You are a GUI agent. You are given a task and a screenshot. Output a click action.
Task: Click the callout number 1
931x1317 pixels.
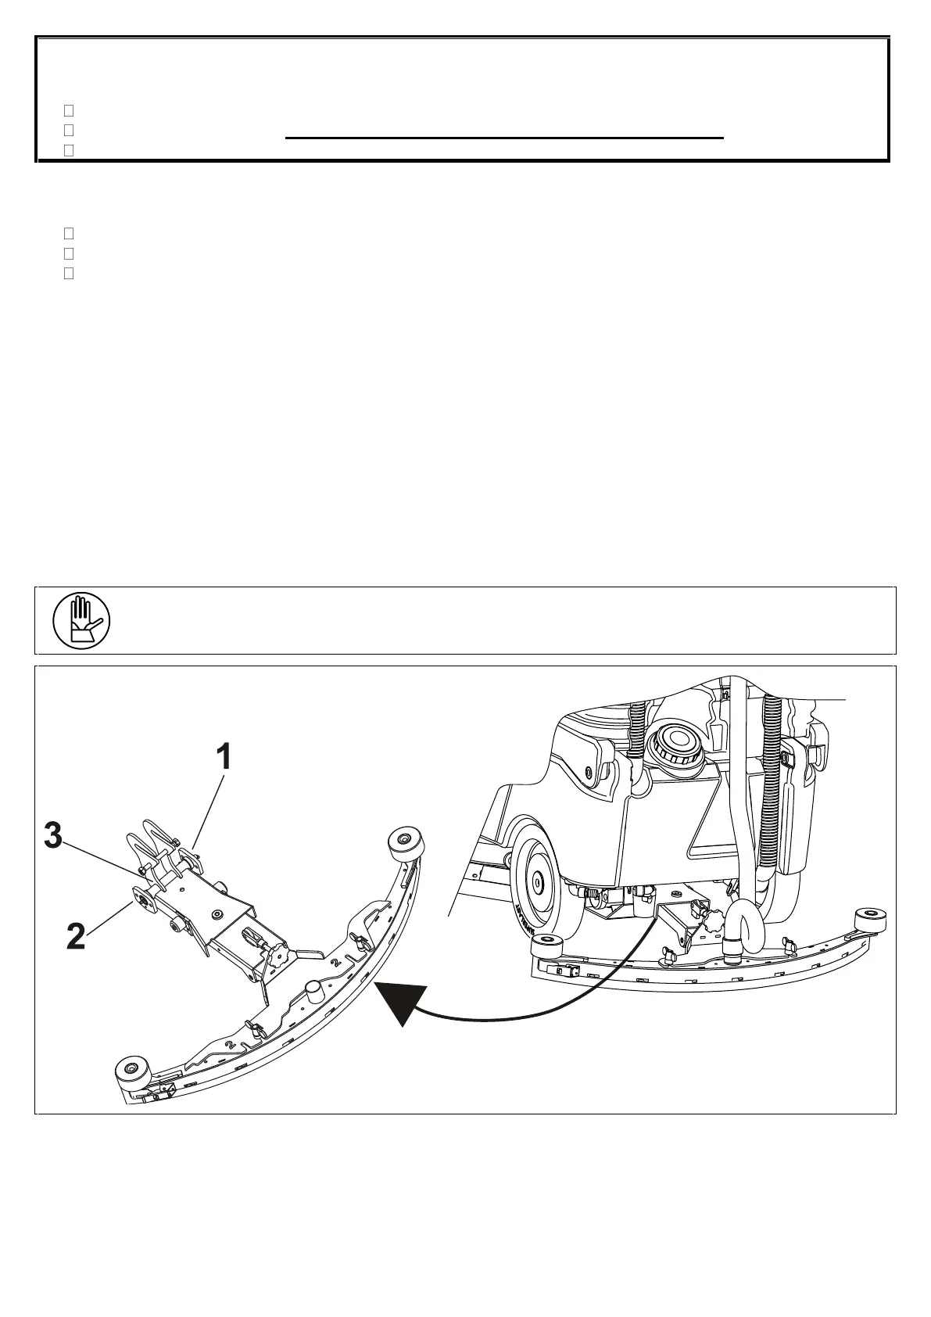click(224, 757)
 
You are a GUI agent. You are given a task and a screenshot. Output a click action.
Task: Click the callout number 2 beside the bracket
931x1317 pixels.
click(76, 936)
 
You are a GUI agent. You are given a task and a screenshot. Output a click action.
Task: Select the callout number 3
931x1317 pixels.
click(53, 836)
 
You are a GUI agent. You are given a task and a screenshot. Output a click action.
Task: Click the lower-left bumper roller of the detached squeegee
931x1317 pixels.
click(130, 1069)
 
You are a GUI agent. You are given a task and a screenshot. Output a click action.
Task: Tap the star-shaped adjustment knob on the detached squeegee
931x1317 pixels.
click(278, 954)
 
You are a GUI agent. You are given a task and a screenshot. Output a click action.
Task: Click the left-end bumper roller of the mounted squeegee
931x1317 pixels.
click(544, 947)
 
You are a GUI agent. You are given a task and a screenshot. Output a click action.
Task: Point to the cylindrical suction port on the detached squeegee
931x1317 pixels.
click(314, 990)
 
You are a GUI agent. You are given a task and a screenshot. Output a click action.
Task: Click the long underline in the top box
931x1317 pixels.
click(504, 138)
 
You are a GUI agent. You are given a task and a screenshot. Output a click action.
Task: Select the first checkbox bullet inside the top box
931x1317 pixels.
click(68, 112)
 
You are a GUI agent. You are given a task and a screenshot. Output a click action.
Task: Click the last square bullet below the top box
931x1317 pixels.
click(68, 274)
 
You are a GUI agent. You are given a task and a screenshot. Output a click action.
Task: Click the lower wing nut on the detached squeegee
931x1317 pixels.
click(252, 1028)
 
